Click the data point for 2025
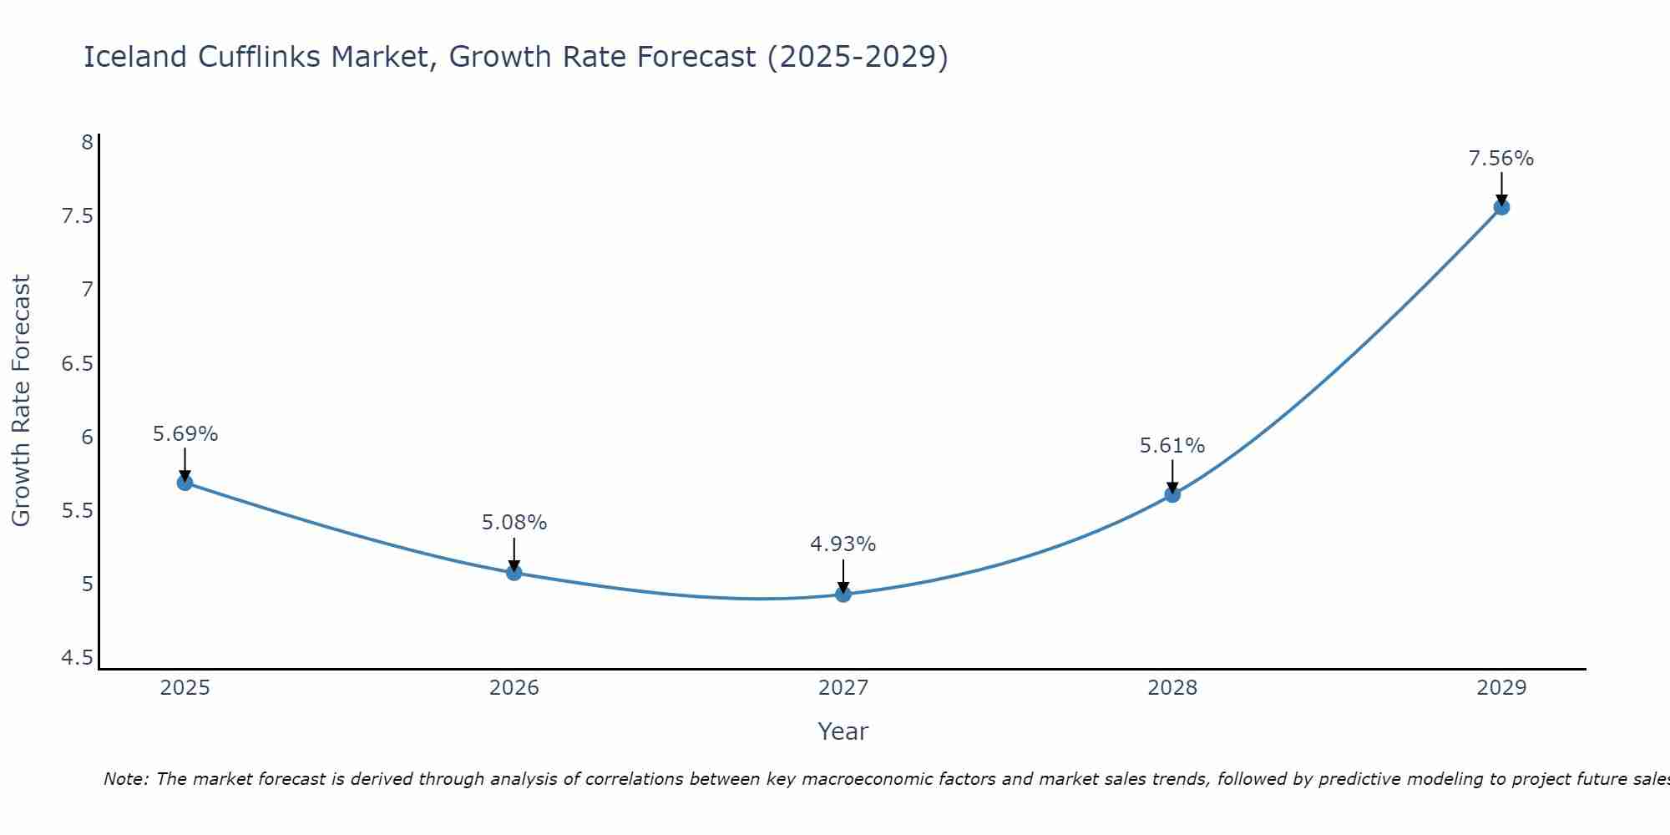[185, 483]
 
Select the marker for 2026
[514, 573]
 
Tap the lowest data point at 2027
[843, 595]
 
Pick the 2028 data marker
[1172, 494]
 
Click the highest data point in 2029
[1501, 207]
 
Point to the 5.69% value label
[185, 434]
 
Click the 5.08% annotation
[514, 523]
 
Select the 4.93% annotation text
[843, 544]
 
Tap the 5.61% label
[1172, 446]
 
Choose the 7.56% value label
[1501, 159]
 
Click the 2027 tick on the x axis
[843, 688]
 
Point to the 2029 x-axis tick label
[1501, 688]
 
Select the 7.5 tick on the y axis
[77, 216]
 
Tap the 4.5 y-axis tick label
[77, 658]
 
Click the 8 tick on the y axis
[87, 143]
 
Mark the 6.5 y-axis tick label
[77, 363]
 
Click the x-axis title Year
[843, 731]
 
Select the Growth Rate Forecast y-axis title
[21, 401]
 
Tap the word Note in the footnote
[124, 779]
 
